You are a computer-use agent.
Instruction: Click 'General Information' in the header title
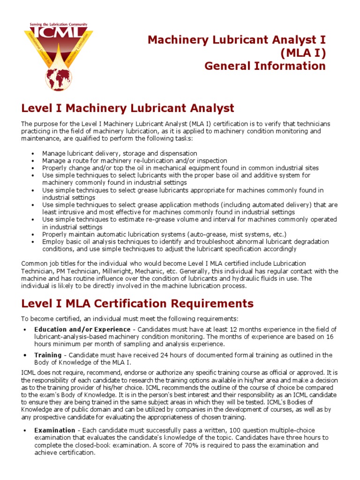click(265, 66)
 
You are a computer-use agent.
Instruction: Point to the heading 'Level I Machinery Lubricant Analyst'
click(127, 109)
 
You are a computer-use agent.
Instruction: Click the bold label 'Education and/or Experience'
click(82, 330)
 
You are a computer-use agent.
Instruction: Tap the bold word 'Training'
click(48, 355)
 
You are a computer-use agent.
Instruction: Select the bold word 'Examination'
click(55, 430)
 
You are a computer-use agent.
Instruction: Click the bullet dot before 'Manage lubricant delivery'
click(32, 154)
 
